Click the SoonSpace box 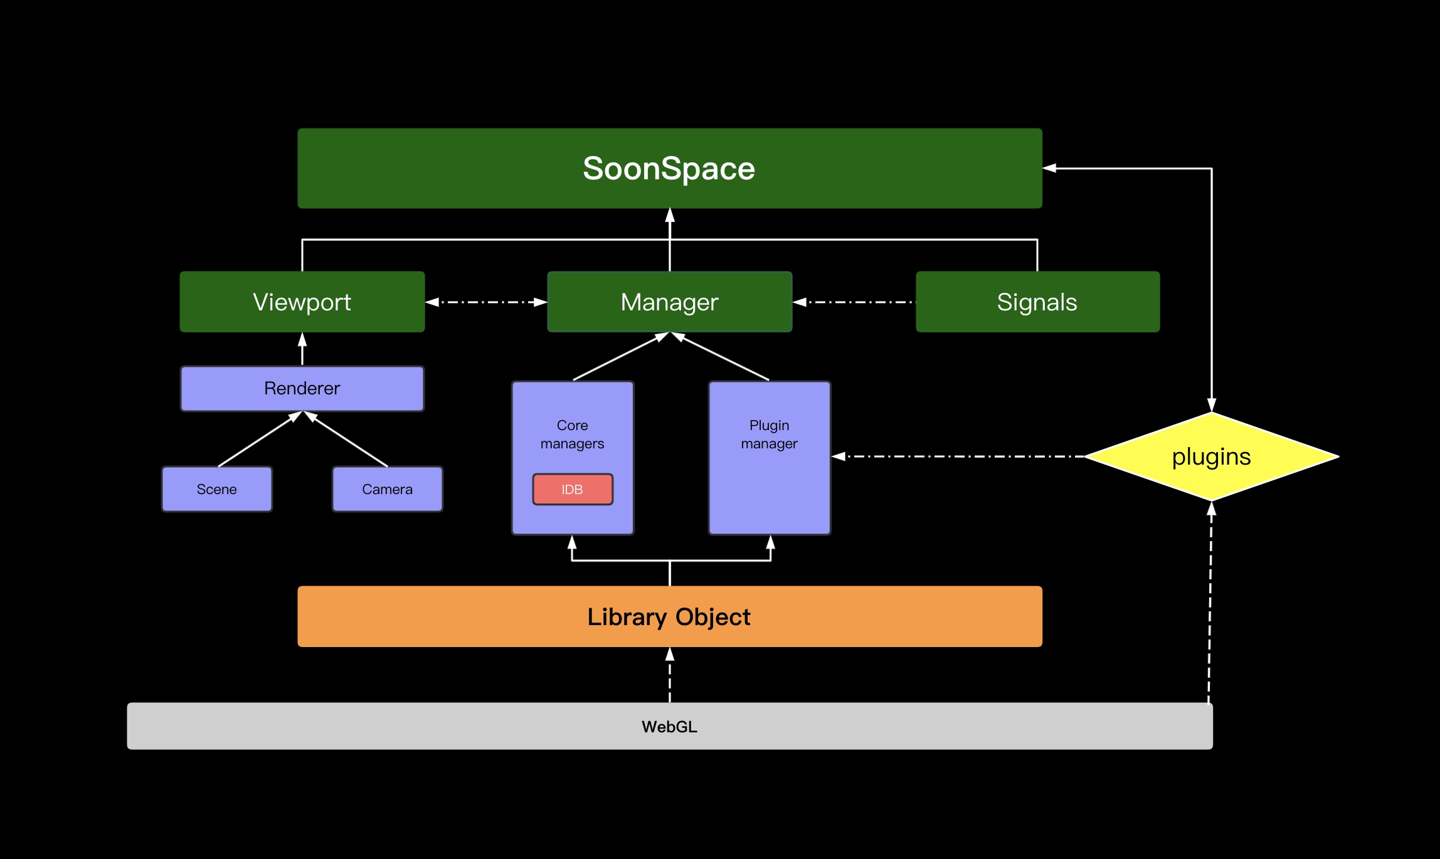coord(669,168)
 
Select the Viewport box coord(302,302)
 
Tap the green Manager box coord(669,302)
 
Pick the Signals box coord(1037,302)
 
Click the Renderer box coord(302,388)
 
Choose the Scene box coord(216,489)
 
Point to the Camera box coord(387,489)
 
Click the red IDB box coord(572,489)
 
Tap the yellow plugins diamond coord(1211,456)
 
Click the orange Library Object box coord(669,616)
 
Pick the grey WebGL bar coord(669,726)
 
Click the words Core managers coord(572,434)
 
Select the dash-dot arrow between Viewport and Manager coord(486,302)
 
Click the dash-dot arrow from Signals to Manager coord(854,302)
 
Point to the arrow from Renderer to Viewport coord(302,349)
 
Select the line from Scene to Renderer coord(259,440)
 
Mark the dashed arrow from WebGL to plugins coord(1210,602)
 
